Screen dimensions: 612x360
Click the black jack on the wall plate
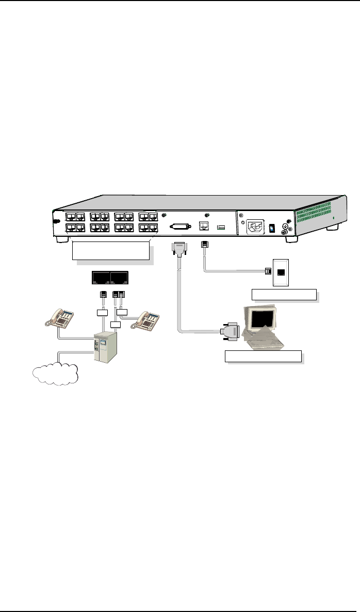point(281,271)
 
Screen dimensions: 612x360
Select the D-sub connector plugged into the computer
point(231,333)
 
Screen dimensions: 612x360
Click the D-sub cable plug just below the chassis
point(178,249)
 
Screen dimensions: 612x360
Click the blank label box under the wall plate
point(283,295)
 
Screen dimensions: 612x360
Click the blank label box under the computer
point(263,357)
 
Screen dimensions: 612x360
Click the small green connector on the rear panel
point(221,227)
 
